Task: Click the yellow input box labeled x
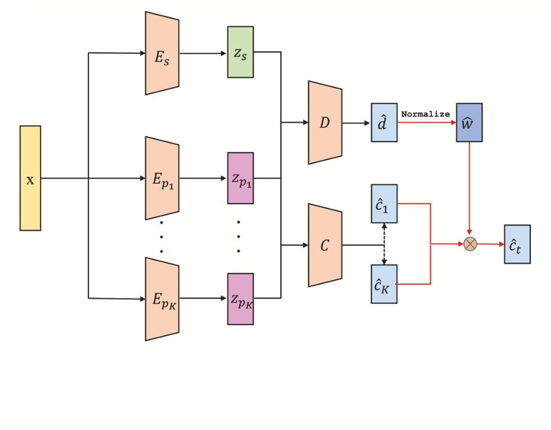click(x=30, y=178)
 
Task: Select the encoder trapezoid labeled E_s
click(x=162, y=53)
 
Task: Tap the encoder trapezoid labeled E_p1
click(x=162, y=178)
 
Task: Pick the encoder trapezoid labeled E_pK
click(x=162, y=299)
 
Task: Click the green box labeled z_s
click(x=240, y=52)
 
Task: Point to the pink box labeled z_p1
click(x=240, y=178)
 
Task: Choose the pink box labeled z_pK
click(x=240, y=299)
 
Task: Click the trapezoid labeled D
click(x=325, y=123)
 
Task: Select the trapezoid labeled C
click(x=325, y=245)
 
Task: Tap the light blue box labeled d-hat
click(x=384, y=123)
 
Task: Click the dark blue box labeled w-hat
click(x=469, y=123)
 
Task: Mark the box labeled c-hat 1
click(x=384, y=204)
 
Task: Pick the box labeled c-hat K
click(x=384, y=284)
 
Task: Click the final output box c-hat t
click(x=517, y=244)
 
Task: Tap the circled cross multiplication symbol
click(x=470, y=244)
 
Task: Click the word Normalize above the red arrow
click(x=425, y=114)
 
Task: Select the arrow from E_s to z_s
click(x=203, y=53)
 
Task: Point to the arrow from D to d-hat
click(x=356, y=123)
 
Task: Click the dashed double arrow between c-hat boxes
click(x=384, y=244)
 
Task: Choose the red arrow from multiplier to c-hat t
click(x=491, y=244)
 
